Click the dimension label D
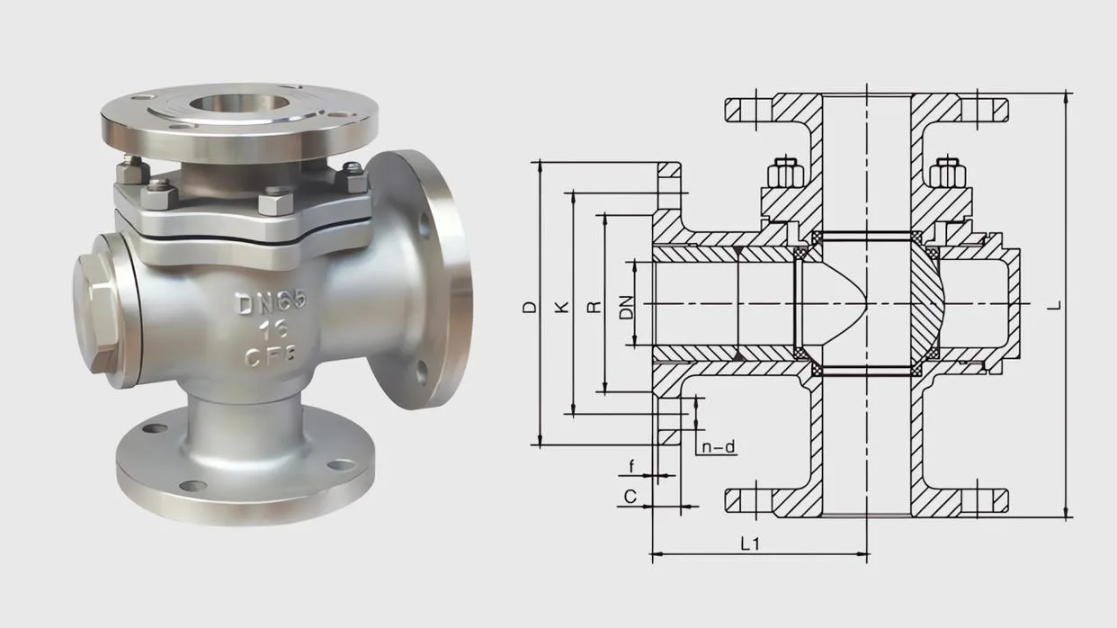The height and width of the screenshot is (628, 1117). (530, 307)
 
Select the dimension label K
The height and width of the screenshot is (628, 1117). (562, 307)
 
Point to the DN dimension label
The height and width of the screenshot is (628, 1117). (626, 307)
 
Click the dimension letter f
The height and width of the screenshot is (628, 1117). (631, 466)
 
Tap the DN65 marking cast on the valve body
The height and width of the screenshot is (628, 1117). (271, 303)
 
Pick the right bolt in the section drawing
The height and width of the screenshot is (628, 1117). (946, 175)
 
